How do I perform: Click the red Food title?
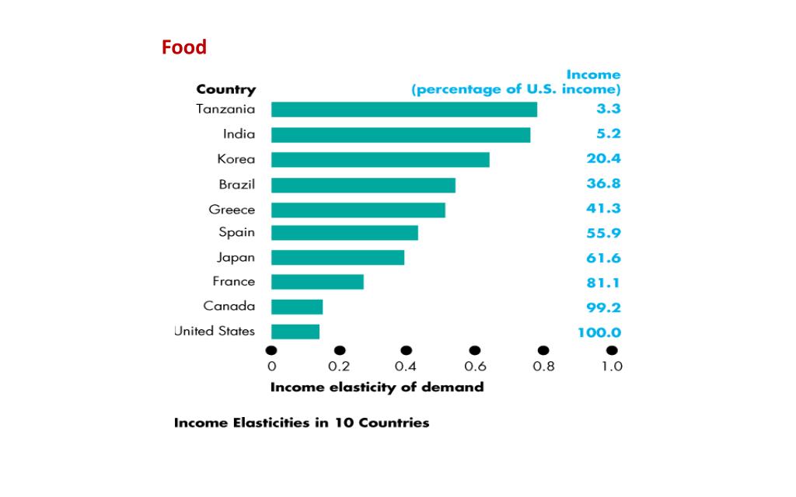coord(184,47)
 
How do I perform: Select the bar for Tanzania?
coord(403,109)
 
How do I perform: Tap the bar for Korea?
coord(380,159)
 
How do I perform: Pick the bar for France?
coord(317,281)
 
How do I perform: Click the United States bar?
coord(295,332)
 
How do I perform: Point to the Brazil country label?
coord(236,185)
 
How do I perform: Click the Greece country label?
coord(232,210)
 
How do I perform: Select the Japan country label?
coord(236,257)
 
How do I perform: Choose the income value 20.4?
coord(603,158)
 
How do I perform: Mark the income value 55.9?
coord(603,233)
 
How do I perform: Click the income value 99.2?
coord(603,307)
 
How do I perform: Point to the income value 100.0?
coord(599,332)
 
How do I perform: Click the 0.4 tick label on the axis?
coord(407,367)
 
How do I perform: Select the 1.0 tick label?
coord(612,367)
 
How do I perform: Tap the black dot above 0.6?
coord(475,351)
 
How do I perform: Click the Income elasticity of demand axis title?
coord(376,387)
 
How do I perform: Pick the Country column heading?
coord(225,89)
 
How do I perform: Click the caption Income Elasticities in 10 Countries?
coord(301,423)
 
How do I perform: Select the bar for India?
coord(400,135)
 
